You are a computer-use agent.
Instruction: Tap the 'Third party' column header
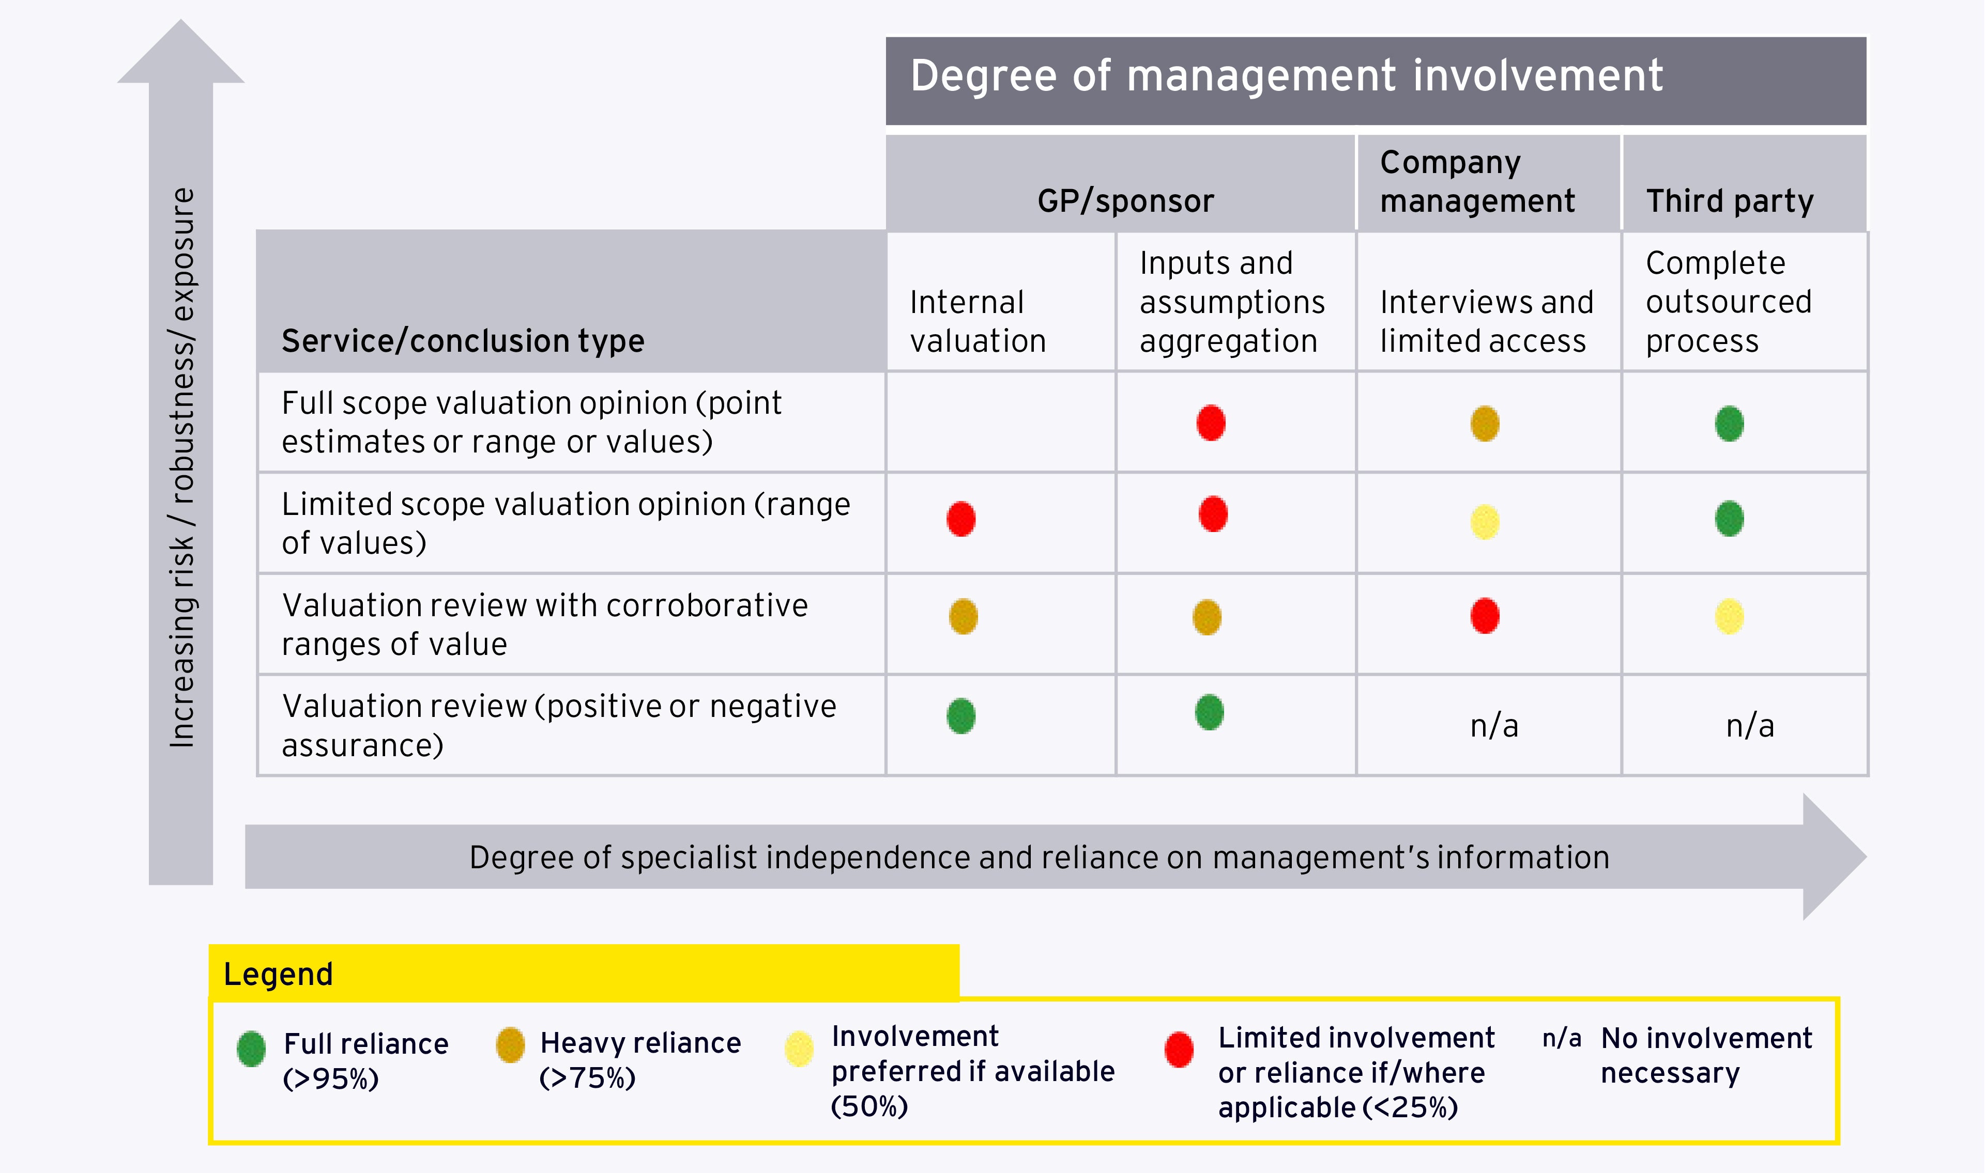(x=1730, y=201)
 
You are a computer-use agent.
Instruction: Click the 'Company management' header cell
(x=1477, y=182)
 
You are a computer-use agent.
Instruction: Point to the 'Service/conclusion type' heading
(x=463, y=341)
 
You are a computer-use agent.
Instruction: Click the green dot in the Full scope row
(x=1730, y=424)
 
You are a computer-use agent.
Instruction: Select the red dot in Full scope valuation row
(x=1211, y=423)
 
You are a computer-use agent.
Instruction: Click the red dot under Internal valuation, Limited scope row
(x=961, y=519)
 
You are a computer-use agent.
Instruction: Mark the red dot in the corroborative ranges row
(x=1485, y=616)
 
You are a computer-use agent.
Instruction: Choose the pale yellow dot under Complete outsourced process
(x=1730, y=617)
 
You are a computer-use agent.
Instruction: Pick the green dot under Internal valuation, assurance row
(x=961, y=716)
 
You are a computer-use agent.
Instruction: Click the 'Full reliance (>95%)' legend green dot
(x=252, y=1049)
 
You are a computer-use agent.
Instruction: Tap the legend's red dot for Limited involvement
(x=1179, y=1050)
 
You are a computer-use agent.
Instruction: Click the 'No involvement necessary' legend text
(x=1706, y=1055)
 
